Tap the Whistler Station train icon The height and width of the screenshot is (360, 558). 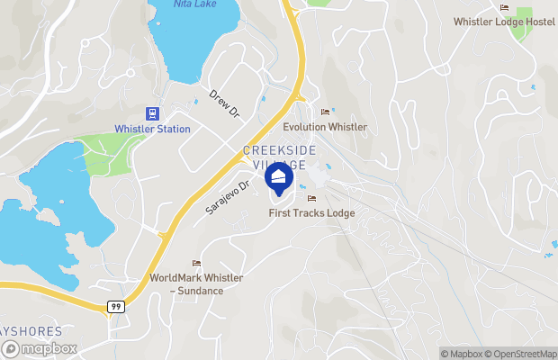click(153, 113)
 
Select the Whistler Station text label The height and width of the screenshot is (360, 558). click(153, 129)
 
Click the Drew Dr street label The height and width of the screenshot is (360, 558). click(224, 103)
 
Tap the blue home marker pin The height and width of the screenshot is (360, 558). click(279, 177)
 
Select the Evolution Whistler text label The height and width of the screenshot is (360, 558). click(325, 127)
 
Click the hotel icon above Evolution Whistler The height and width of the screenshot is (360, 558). click(325, 112)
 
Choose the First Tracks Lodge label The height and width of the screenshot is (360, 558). click(312, 213)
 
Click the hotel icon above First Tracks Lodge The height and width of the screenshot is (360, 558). click(312, 198)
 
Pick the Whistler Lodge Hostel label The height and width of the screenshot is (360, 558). click(504, 22)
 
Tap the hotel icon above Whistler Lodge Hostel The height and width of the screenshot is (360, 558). click(504, 7)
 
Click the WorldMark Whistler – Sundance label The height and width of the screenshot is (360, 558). click(196, 284)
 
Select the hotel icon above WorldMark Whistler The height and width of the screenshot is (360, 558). click(196, 263)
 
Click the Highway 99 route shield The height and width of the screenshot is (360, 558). click(116, 307)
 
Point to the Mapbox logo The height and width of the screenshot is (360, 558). click(40, 348)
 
